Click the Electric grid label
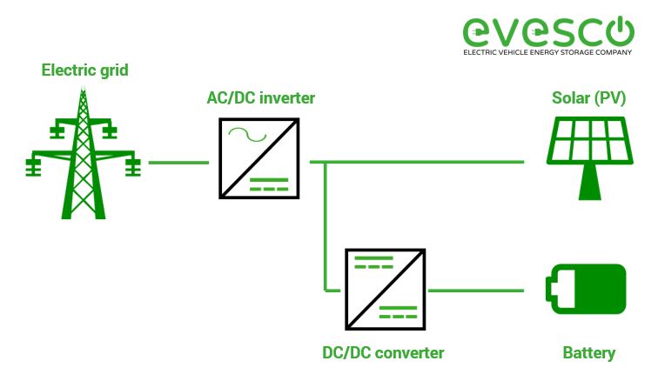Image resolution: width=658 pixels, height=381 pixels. [85, 70]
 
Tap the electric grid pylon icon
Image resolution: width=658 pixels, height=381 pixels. [84, 157]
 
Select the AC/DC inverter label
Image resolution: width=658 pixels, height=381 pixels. [261, 97]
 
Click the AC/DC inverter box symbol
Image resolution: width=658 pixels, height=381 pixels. [260, 158]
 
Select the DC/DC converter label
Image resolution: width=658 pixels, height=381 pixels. [382, 352]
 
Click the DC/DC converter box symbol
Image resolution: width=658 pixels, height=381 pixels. [386, 288]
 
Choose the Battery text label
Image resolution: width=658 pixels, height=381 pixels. [588, 352]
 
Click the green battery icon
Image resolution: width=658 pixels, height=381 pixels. [585, 288]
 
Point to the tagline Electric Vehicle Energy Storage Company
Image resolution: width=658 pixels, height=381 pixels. [547, 53]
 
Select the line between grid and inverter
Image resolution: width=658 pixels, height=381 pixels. [178, 162]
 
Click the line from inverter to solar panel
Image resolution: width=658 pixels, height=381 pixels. [418, 162]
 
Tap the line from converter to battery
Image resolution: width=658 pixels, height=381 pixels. [473, 289]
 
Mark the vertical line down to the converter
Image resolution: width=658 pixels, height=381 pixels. [325, 226]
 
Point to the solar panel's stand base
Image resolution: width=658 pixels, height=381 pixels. [588, 194]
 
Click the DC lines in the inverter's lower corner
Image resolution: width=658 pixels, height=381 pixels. [271, 184]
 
